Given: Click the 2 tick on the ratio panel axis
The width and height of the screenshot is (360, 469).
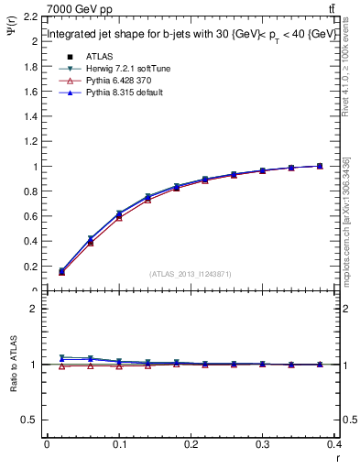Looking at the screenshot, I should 35,309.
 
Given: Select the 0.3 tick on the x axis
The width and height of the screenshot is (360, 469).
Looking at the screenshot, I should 264,446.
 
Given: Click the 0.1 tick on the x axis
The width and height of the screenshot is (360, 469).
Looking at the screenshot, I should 119,446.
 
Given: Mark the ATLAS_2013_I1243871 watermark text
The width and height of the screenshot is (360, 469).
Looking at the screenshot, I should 190,274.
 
